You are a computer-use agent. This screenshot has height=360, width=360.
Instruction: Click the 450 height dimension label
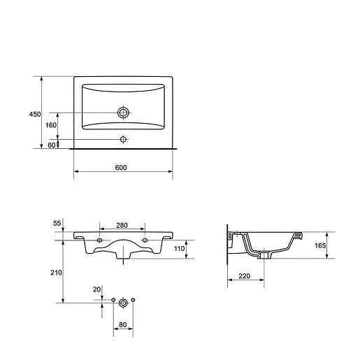coord(35,115)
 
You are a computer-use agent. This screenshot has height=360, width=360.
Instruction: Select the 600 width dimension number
coord(121,168)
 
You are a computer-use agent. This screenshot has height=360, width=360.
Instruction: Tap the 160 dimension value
coord(51,125)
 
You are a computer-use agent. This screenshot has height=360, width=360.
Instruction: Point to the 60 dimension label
coord(52,145)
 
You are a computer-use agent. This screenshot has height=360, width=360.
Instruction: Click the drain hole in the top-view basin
coord(123,113)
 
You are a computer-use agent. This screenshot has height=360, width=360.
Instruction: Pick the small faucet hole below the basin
coord(123,139)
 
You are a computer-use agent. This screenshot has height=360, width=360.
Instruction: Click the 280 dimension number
coord(122,225)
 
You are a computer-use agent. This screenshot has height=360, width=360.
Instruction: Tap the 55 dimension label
coord(57,223)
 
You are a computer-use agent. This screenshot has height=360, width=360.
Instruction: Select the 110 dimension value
coord(179,249)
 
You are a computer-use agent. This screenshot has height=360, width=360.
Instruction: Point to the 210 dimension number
coord(56,273)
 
